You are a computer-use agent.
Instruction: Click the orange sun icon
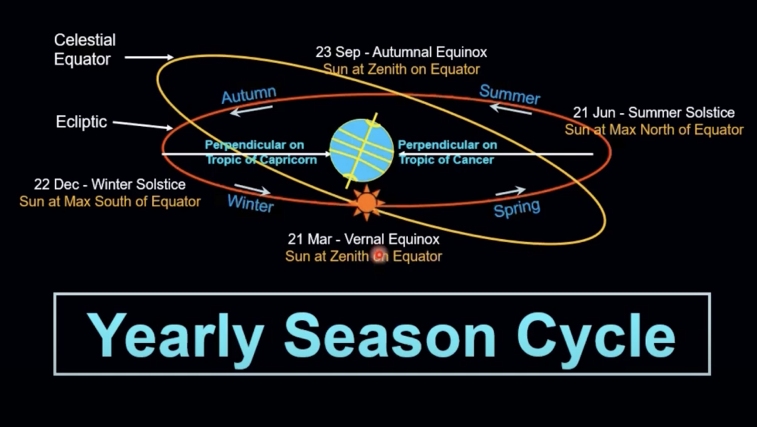pyautogui.click(x=367, y=202)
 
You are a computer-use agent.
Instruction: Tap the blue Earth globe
pyautogui.click(x=361, y=150)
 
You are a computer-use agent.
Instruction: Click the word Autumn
pyautogui.click(x=249, y=95)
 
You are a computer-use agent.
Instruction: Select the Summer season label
pyautogui.click(x=510, y=94)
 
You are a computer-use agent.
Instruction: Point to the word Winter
pyautogui.click(x=250, y=203)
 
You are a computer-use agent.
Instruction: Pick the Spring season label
pyautogui.click(x=517, y=208)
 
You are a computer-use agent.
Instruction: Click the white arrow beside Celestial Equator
pyautogui.click(x=149, y=57)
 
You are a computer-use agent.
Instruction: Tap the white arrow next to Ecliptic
pyautogui.click(x=143, y=125)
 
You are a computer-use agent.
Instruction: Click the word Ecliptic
pyautogui.click(x=81, y=122)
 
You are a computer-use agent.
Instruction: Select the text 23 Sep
pyautogui.click(x=337, y=52)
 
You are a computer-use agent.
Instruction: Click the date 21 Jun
pyautogui.click(x=594, y=113)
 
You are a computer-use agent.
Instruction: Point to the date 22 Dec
pyautogui.click(x=56, y=184)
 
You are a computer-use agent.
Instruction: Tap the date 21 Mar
pyautogui.click(x=310, y=239)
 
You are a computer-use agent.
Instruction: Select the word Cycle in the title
pyautogui.click(x=596, y=336)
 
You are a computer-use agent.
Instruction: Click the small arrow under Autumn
pyautogui.click(x=251, y=110)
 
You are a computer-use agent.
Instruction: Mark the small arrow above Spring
pyautogui.click(x=510, y=191)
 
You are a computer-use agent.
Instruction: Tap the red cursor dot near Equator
pyautogui.click(x=380, y=254)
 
